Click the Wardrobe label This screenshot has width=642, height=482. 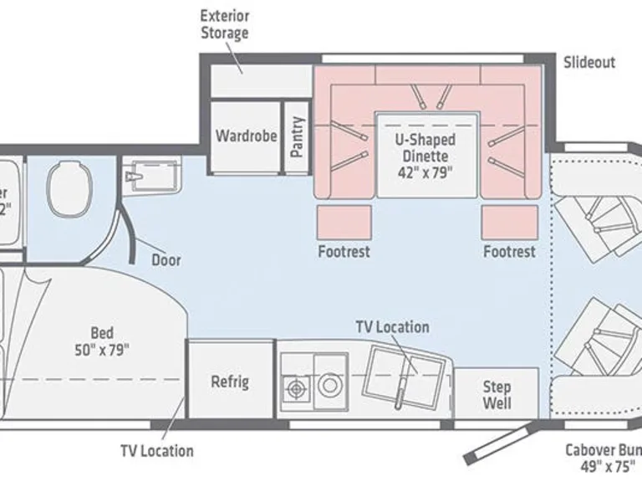pyautogui.click(x=246, y=136)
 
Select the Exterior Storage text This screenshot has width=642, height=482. pyautogui.click(x=225, y=25)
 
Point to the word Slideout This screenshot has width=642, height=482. pyautogui.click(x=588, y=63)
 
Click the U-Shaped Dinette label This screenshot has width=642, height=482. pyautogui.click(x=425, y=147)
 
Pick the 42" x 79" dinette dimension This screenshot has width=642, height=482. pyautogui.click(x=425, y=173)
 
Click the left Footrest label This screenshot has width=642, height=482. pyautogui.click(x=344, y=251)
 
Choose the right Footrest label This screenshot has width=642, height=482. pyautogui.click(x=508, y=251)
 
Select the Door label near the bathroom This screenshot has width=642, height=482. pyautogui.click(x=166, y=259)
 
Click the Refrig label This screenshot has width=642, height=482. pyautogui.click(x=230, y=382)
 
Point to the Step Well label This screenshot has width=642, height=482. pyautogui.click(x=497, y=396)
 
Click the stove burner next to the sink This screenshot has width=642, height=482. pyautogui.click(x=296, y=387)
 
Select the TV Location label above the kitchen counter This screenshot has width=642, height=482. pyautogui.click(x=392, y=327)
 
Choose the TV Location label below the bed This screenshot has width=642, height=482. pyautogui.click(x=156, y=451)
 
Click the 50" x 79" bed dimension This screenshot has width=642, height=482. pyautogui.click(x=102, y=349)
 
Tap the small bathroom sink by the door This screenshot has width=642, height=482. pyautogui.click(x=150, y=177)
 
